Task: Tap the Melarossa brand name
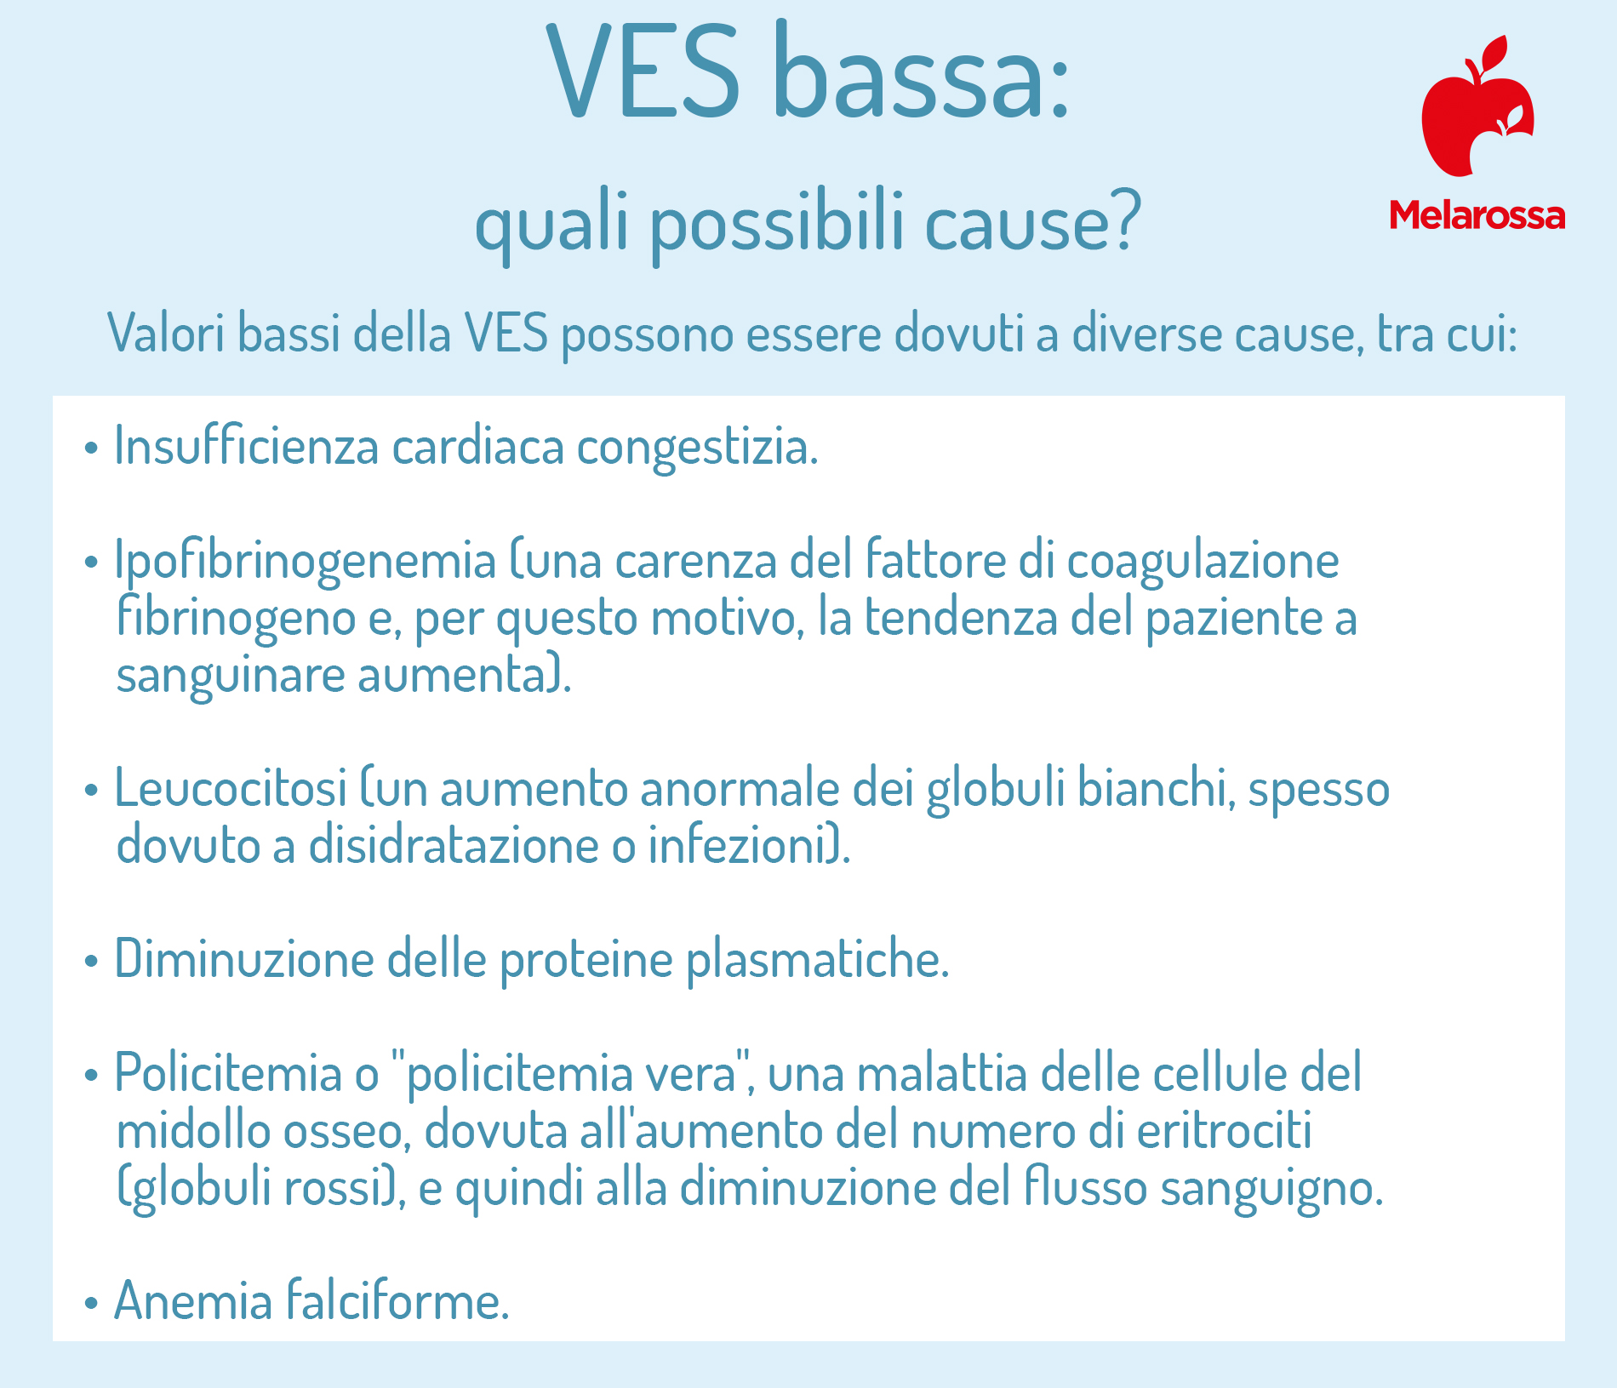point(1477,215)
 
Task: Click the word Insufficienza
point(246,444)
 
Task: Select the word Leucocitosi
point(231,787)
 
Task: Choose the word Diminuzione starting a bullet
point(244,958)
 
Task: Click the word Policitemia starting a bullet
point(228,1072)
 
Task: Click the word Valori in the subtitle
point(166,333)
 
